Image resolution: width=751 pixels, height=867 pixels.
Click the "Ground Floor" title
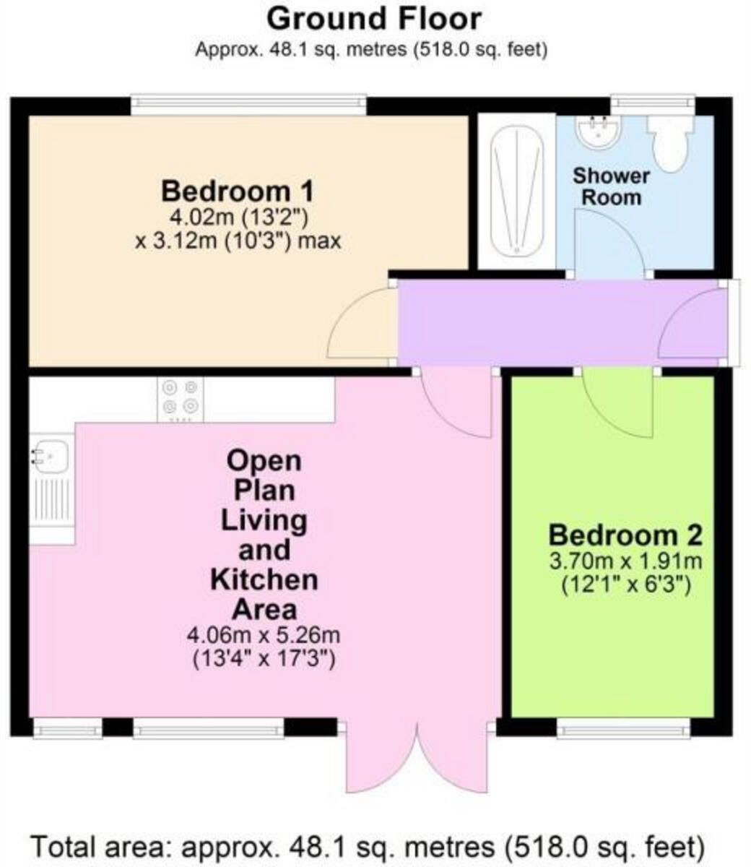(x=373, y=19)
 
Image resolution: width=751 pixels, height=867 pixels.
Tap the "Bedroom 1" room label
(x=238, y=191)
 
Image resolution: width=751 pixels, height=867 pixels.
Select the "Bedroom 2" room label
(x=625, y=535)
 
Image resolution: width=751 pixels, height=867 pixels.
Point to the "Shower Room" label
(x=612, y=186)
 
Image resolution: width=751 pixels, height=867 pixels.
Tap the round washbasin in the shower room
(x=598, y=131)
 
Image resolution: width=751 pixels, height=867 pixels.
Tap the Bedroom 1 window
(x=248, y=105)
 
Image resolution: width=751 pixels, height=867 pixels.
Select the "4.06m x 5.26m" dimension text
(x=264, y=636)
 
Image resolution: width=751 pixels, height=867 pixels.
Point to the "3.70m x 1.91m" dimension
(x=625, y=561)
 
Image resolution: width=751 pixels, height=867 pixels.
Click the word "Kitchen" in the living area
(x=264, y=579)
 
